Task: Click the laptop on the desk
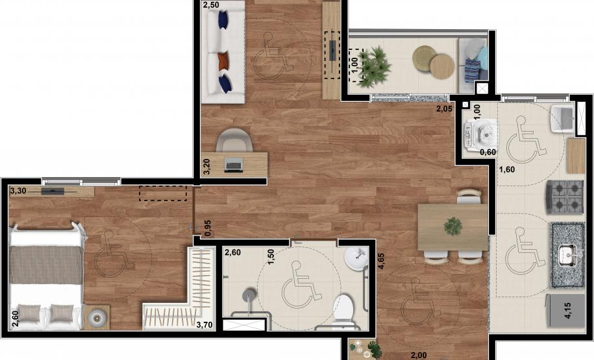click(234, 165)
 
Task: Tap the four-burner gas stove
click(564, 197)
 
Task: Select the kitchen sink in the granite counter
click(567, 254)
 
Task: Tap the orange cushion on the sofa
click(224, 61)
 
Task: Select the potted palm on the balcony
click(374, 67)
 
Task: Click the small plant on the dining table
click(452, 226)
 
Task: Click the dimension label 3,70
click(204, 324)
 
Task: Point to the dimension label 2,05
click(444, 110)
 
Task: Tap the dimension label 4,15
click(567, 311)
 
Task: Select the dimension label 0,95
click(208, 228)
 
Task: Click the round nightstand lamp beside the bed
click(97, 317)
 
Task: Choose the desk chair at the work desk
click(234, 140)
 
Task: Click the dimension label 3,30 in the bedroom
click(18, 191)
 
